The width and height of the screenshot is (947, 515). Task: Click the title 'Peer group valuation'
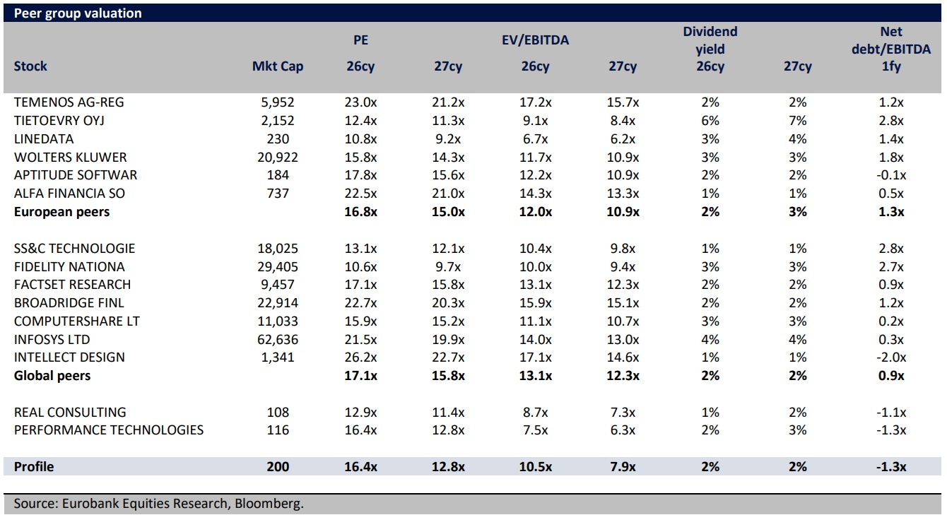78,13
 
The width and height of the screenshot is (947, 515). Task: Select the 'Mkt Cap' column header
278,66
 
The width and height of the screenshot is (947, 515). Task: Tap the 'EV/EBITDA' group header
535,40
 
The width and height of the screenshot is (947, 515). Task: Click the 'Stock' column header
30,66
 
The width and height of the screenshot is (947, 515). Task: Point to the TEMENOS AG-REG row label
69,102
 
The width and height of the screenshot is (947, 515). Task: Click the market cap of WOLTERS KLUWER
278,158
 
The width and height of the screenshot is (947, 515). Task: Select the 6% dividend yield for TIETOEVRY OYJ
710,121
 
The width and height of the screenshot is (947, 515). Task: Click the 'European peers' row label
61,212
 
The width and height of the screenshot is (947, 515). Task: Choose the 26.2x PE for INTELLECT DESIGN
361,357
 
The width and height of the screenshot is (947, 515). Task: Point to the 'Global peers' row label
52,376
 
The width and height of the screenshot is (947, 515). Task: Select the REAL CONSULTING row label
70,413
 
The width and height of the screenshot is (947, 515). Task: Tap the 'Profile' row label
34,467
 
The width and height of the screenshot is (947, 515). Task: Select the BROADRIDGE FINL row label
69,303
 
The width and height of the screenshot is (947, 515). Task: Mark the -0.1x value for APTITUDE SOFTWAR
892,175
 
